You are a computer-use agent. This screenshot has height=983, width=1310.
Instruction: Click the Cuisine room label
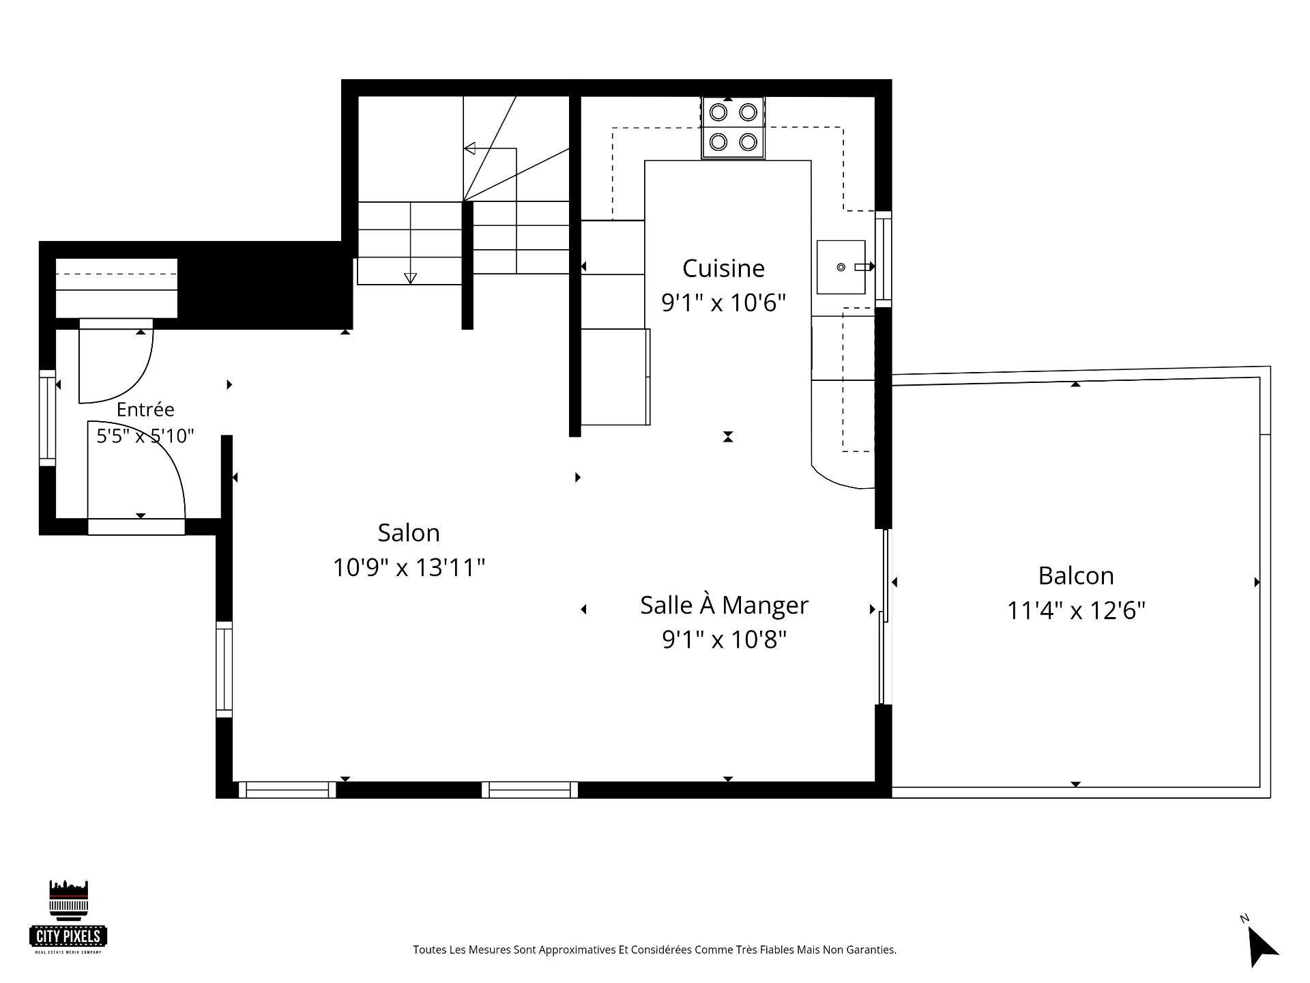(723, 268)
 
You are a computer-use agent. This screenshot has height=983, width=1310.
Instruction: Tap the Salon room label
(409, 532)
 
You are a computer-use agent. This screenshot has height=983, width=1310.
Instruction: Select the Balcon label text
(1076, 575)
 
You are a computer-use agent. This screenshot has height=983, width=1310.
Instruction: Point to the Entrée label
(145, 409)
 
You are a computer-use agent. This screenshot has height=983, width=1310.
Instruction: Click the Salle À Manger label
(724, 605)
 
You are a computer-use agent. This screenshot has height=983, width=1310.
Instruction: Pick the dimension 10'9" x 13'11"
(409, 567)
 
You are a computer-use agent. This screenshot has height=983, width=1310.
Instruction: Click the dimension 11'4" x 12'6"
(1076, 610)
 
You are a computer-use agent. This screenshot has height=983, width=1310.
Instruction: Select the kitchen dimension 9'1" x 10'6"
(724, 302)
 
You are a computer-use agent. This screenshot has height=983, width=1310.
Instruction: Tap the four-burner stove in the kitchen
(733, 128)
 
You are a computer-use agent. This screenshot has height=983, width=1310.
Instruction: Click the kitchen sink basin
(841, 267)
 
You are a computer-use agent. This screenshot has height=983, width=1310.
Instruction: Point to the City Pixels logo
(69, 917)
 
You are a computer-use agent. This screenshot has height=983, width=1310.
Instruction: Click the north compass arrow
(1262, 945)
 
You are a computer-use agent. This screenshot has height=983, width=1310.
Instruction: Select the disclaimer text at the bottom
(654, 950)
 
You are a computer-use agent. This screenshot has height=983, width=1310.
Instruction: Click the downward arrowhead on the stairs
(410, 278)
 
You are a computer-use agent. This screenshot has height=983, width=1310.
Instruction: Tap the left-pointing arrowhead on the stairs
(469, 148)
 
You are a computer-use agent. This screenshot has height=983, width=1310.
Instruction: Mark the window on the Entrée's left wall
(47, 418)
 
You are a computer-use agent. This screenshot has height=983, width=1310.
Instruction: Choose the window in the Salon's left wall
(224, 669)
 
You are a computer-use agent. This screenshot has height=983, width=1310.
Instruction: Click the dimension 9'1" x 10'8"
(725, 640)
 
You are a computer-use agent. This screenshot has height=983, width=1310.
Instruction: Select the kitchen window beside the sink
(883, 259)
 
